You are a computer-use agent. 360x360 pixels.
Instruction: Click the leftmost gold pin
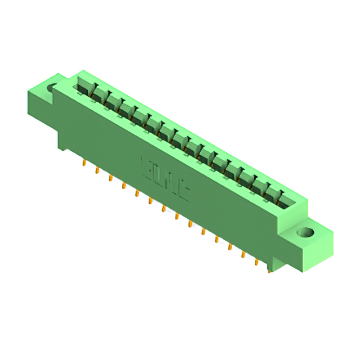pos(84,163)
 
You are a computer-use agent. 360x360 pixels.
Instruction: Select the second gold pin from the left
pos(97,170)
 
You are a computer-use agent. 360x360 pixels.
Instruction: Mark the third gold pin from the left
pos(110,178)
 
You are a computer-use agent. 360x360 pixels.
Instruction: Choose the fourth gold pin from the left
pos(124,185)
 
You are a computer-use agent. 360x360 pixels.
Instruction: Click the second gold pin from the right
pos(257,262)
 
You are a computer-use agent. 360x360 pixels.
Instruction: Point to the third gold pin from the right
pos(244,254)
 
